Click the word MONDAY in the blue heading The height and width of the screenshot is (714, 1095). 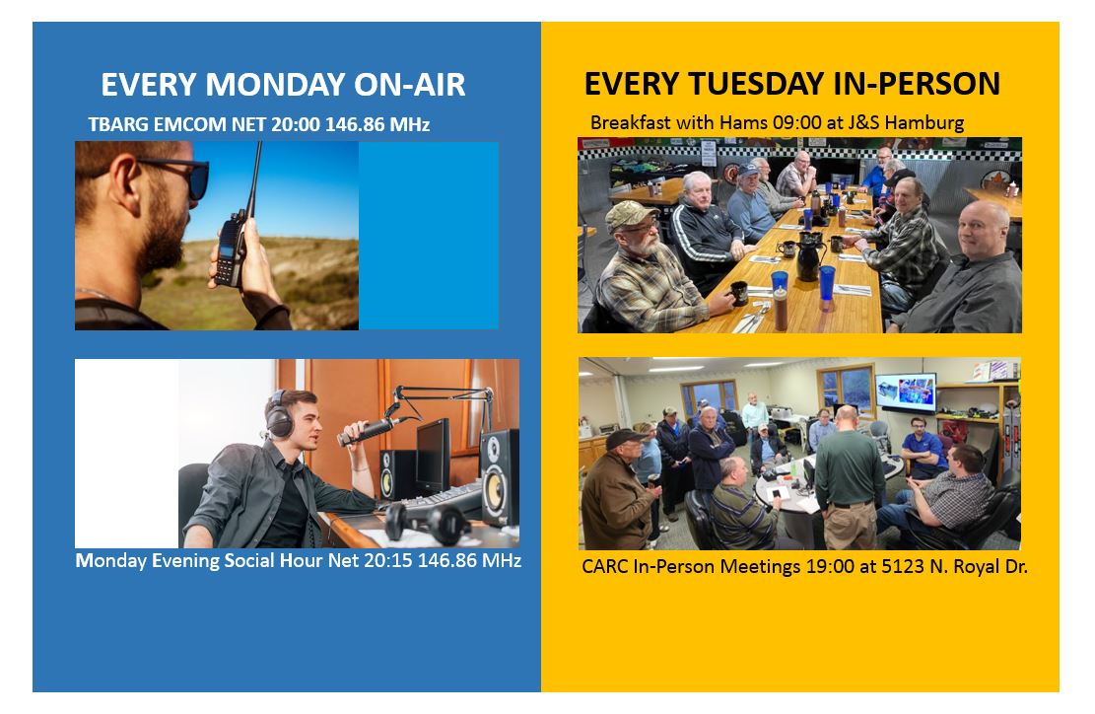[276, 85]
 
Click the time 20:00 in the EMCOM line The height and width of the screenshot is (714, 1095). [296, 124]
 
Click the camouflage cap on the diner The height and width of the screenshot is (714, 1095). [629, 215]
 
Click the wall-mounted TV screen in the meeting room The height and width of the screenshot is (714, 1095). [906, 393]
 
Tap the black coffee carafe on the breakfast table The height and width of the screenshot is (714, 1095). [808, 257]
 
